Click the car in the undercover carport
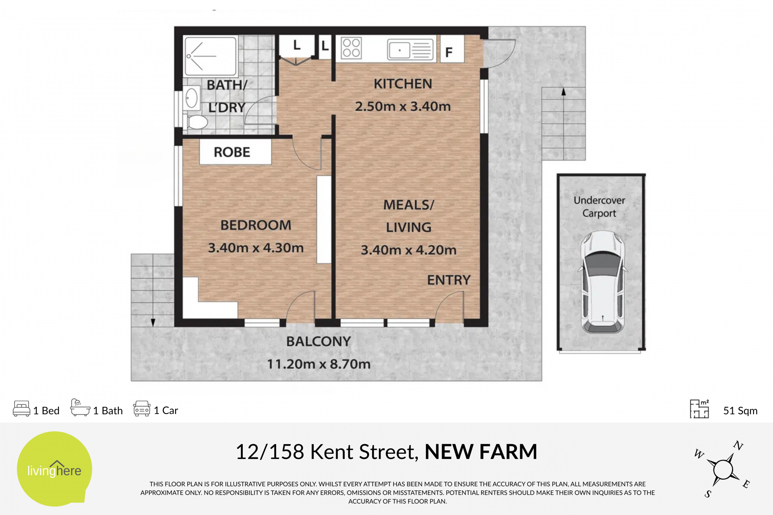click(603, 282)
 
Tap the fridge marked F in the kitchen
click(452, 49)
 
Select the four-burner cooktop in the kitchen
click(351, 48)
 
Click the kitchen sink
click(410, 50)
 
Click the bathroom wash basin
click(191, 98)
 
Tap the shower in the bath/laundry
click(210, 56)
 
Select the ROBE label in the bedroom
click(232, 152)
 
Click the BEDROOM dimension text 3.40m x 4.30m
click(256, 248)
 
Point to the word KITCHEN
click(403, 84)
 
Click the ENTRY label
click(449, 280)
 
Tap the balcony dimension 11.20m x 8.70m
click(319, 364)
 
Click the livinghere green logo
click(54, 469)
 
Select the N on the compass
click(738, 445)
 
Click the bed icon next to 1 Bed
click(22, 408)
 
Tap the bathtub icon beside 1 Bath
click(80, 407)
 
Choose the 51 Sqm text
click(740, 410)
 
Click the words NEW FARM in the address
click(481, 451)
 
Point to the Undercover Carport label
click(599, 207)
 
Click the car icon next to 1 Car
click(142, 408)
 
